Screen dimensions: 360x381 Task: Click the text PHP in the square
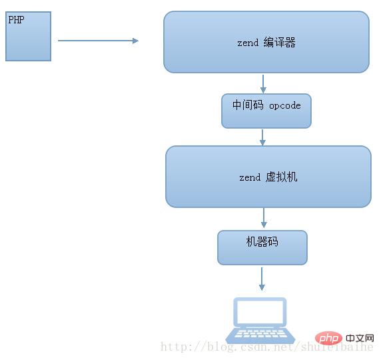click(16, 20)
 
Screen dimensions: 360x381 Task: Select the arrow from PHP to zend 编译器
click(98, 41)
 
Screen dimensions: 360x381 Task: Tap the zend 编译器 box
click(266, 41)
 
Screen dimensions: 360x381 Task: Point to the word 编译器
click(279, 43)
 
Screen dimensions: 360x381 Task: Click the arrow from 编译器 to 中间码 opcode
click(264, 83)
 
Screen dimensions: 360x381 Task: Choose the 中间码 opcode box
click(266, 111)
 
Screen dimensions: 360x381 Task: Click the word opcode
click(285, 105)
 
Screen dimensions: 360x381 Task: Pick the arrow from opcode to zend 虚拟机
click(263, 137)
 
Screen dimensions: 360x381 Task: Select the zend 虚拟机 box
click(268, 177)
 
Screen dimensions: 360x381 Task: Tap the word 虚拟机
click(281, 177)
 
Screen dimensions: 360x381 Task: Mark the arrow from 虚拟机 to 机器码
click(264, 218)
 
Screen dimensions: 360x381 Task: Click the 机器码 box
click(262, 247)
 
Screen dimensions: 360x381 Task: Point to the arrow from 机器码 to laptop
click(262, 279)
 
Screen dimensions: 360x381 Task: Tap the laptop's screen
click(260, 313)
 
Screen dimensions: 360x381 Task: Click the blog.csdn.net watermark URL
click(266, 347)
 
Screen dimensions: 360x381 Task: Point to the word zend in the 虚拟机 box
click(249, 178)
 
